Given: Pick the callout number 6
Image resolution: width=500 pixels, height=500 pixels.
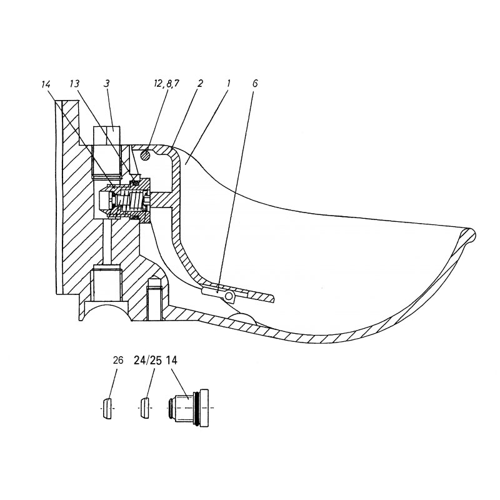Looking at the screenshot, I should coord(255,83).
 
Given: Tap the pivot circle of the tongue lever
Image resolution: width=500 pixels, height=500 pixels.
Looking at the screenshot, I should coord(229,295).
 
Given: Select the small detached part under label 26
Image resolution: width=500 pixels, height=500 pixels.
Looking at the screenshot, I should coord(107,408).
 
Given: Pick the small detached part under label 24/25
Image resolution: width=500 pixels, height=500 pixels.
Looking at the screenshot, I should coord(144,408).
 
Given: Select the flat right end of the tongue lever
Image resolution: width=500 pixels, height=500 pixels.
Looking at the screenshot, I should coord(269,297).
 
